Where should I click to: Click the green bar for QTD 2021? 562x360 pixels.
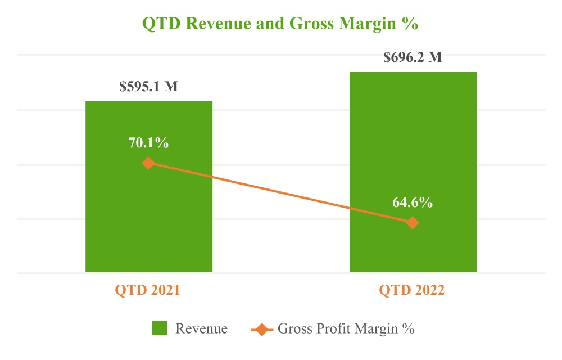tap(148, 225)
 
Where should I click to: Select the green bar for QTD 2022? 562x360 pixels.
tap(413, 141)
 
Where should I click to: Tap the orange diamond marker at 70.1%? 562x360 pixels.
tap(148, 163)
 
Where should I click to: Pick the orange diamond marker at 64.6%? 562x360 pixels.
tap(413, 223)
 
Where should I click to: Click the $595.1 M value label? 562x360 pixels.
tap(148, 87)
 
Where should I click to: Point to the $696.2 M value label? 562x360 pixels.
tap(413, 57)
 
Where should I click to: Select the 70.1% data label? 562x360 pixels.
tap(148, 143)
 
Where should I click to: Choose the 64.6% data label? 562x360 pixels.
tap(413, 203)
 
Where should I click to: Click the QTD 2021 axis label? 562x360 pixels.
tap(148, 291)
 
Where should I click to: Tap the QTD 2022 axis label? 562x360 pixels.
tap(412, 291)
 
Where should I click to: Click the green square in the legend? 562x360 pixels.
tap(160, 328)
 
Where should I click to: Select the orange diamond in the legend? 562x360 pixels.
tap(262, 328)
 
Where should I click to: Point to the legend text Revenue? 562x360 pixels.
tap(201, 328)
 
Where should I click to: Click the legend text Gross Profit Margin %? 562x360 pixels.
tap(346, 328)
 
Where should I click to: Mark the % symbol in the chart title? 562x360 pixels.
tap(413, 25)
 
